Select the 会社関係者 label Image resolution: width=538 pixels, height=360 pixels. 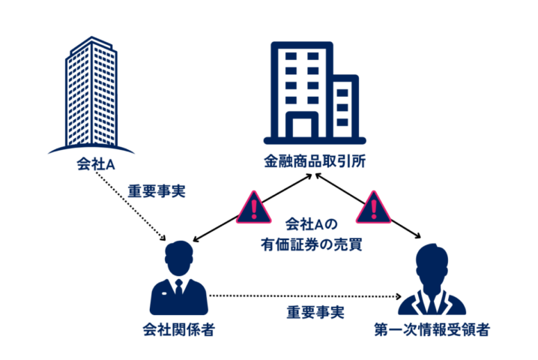(x=178, y=330)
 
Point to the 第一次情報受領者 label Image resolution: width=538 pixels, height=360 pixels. (x=435, y=330)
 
